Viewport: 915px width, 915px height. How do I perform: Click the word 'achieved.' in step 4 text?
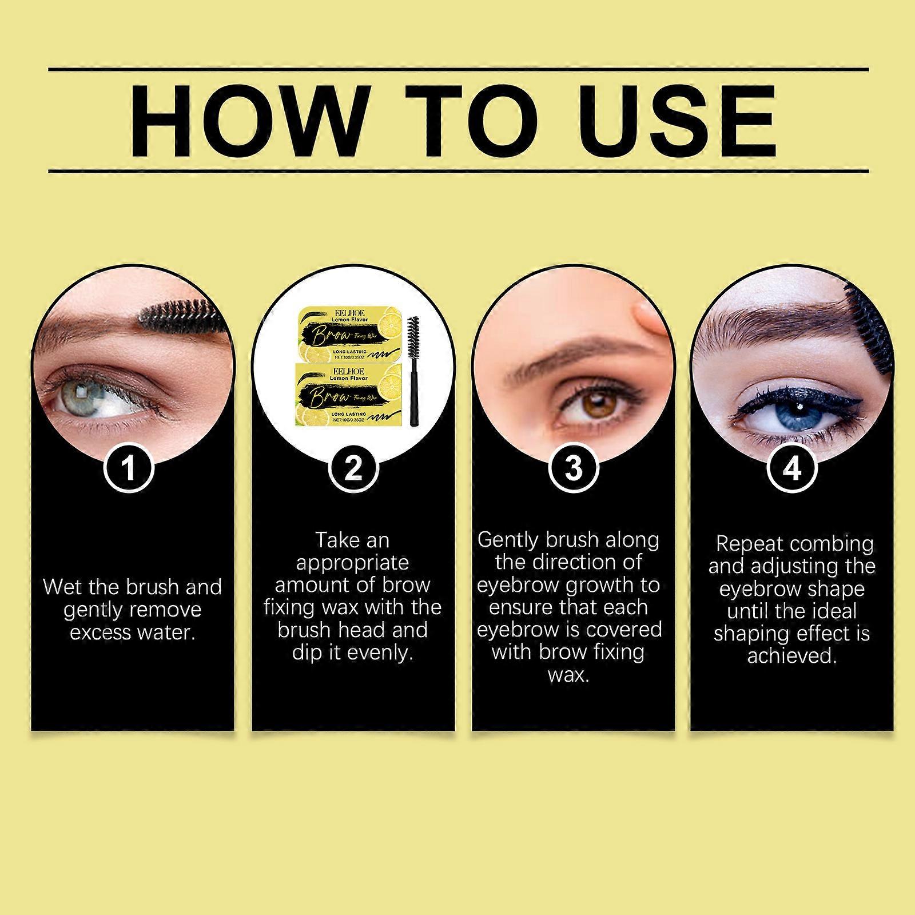(x=792, y=655)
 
